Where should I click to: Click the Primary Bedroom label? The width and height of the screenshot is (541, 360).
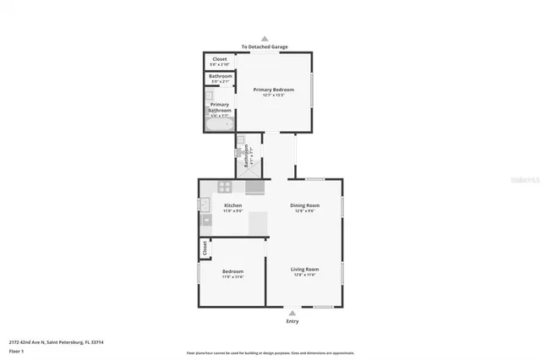tap(273, 89)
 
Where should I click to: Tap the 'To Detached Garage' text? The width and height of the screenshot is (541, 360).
tap(265, 47)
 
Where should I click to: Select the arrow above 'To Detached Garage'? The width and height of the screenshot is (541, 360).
tap(265, 39)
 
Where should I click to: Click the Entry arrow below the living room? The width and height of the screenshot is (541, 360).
tap(292, 312)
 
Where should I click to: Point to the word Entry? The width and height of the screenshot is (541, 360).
tap(292, 321)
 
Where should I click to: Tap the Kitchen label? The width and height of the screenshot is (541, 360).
tap(232, 205)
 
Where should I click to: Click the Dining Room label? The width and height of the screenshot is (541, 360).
tap(304, 205)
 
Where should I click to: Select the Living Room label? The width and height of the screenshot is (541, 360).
tap(304, 270)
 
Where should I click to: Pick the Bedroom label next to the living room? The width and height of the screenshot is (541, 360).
tap(232, 271)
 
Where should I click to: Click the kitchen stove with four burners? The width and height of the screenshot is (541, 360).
tap(226, 188)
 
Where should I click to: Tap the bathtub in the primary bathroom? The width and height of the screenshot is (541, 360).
tap(219, 125)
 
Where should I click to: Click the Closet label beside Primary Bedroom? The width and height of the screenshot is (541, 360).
tap(219, 59)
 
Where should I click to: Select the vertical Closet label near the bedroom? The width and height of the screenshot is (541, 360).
tap(204, 248)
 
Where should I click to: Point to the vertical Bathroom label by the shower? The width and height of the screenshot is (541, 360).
tap(246, 155)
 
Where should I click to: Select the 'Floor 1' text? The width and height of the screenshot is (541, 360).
tap(17, 350)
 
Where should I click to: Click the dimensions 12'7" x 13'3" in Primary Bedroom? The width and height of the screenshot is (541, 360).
tap(273, 95)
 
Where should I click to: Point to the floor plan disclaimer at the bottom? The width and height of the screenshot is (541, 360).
tap(270, 353)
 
